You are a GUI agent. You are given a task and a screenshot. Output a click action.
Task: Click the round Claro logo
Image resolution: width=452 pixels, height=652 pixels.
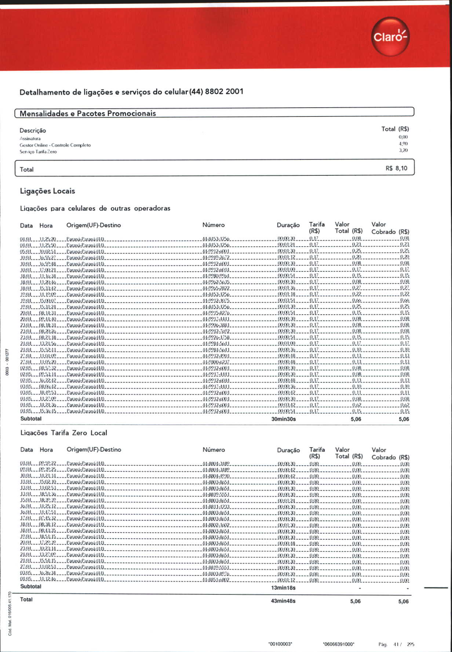[390, 37]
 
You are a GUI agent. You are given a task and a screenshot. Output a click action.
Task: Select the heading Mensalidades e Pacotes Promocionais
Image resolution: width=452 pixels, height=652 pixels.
[88, 113]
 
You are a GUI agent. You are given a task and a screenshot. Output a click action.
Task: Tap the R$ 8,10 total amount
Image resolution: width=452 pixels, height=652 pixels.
[396, 168]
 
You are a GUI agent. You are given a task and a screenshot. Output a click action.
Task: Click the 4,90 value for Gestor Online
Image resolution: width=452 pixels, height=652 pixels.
[403, 144]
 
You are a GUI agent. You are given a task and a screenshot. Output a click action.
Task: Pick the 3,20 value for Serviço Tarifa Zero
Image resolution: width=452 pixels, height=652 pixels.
[403, 150]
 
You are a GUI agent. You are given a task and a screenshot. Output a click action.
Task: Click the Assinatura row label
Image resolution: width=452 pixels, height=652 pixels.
[30, 138]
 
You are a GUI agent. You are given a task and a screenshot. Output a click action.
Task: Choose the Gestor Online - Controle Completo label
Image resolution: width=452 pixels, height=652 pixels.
[55, 145]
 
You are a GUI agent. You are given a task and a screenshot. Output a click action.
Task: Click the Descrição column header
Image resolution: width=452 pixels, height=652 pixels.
[33, 130]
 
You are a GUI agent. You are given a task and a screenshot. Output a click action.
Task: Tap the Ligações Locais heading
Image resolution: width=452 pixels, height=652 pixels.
[47, 191]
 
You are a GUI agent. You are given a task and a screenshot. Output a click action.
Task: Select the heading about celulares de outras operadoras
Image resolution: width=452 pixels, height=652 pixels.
[95, 208]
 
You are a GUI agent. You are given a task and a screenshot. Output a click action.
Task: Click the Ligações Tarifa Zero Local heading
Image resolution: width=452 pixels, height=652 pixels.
[64, 433]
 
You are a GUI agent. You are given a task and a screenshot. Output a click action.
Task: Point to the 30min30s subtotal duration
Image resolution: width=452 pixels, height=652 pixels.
[284, 419]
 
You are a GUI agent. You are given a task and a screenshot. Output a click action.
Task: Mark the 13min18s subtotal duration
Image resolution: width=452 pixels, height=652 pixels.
[283, 588]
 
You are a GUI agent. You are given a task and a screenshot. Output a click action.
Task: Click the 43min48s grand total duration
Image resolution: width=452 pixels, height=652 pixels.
[283, 601]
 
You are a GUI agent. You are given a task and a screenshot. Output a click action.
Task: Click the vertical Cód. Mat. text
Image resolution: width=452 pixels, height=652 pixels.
[10, 614]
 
